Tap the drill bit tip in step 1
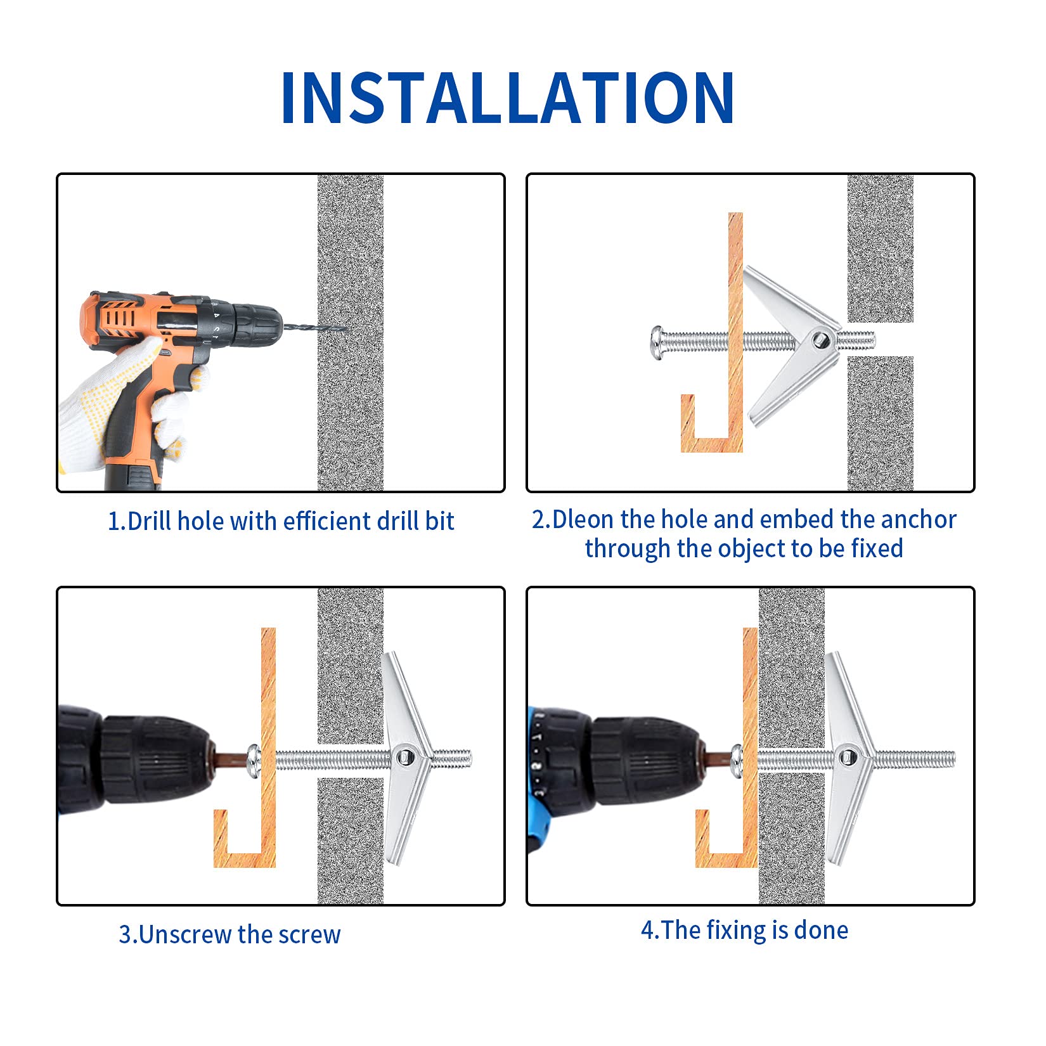tap(347, 328)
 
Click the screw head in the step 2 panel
tap(657, 343)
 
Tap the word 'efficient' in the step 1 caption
tap(327, 521)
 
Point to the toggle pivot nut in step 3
tap(403, 757)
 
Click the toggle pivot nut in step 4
tap(846, 757)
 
